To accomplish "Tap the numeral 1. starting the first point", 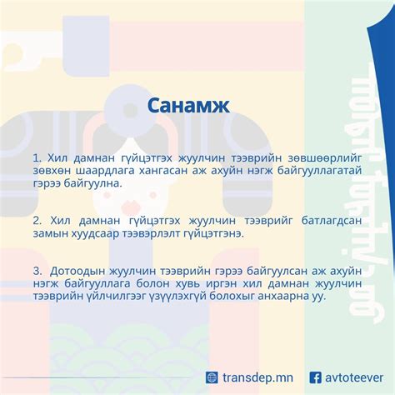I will [38, 157].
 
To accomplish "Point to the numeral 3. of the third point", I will [38, 271].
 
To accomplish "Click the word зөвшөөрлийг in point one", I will [292, 157].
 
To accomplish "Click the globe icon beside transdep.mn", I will [212, 377].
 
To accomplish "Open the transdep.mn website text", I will [258, 377].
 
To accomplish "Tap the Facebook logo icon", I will [316, 377].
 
